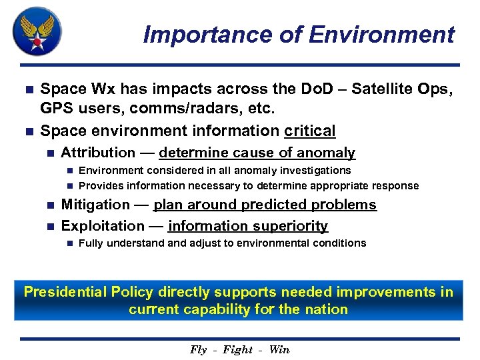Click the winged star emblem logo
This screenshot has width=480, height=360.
(37, 31)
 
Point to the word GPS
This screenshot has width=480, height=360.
(55, 109)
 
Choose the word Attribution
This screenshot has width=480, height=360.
(97, 153)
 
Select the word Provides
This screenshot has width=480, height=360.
(99, 185)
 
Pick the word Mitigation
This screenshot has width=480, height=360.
(95, 205)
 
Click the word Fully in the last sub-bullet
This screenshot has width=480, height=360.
(91, 243)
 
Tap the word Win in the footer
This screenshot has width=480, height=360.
(279, 349)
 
